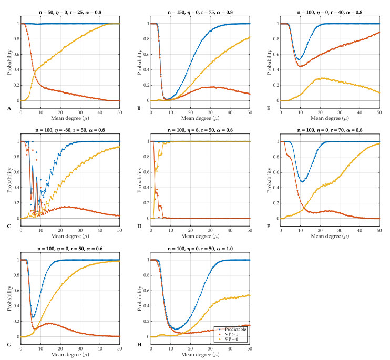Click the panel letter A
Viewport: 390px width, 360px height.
click(9, 109)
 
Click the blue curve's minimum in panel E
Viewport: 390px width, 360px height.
click(299, 58)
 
